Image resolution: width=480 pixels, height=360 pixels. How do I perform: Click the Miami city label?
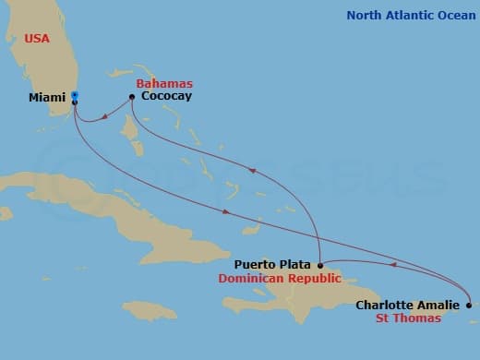pos(46,97)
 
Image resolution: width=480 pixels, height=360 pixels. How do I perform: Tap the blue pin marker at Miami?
pos(75,95)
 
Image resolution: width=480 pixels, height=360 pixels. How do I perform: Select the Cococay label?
pos(166,96)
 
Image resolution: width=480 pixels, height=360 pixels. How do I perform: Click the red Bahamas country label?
pos(163,82)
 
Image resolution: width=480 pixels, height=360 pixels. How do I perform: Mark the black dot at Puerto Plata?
pos(319,265)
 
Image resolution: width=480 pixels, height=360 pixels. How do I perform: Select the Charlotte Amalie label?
pos(407,305)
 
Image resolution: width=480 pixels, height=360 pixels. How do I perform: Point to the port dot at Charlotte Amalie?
pos(469,305)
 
